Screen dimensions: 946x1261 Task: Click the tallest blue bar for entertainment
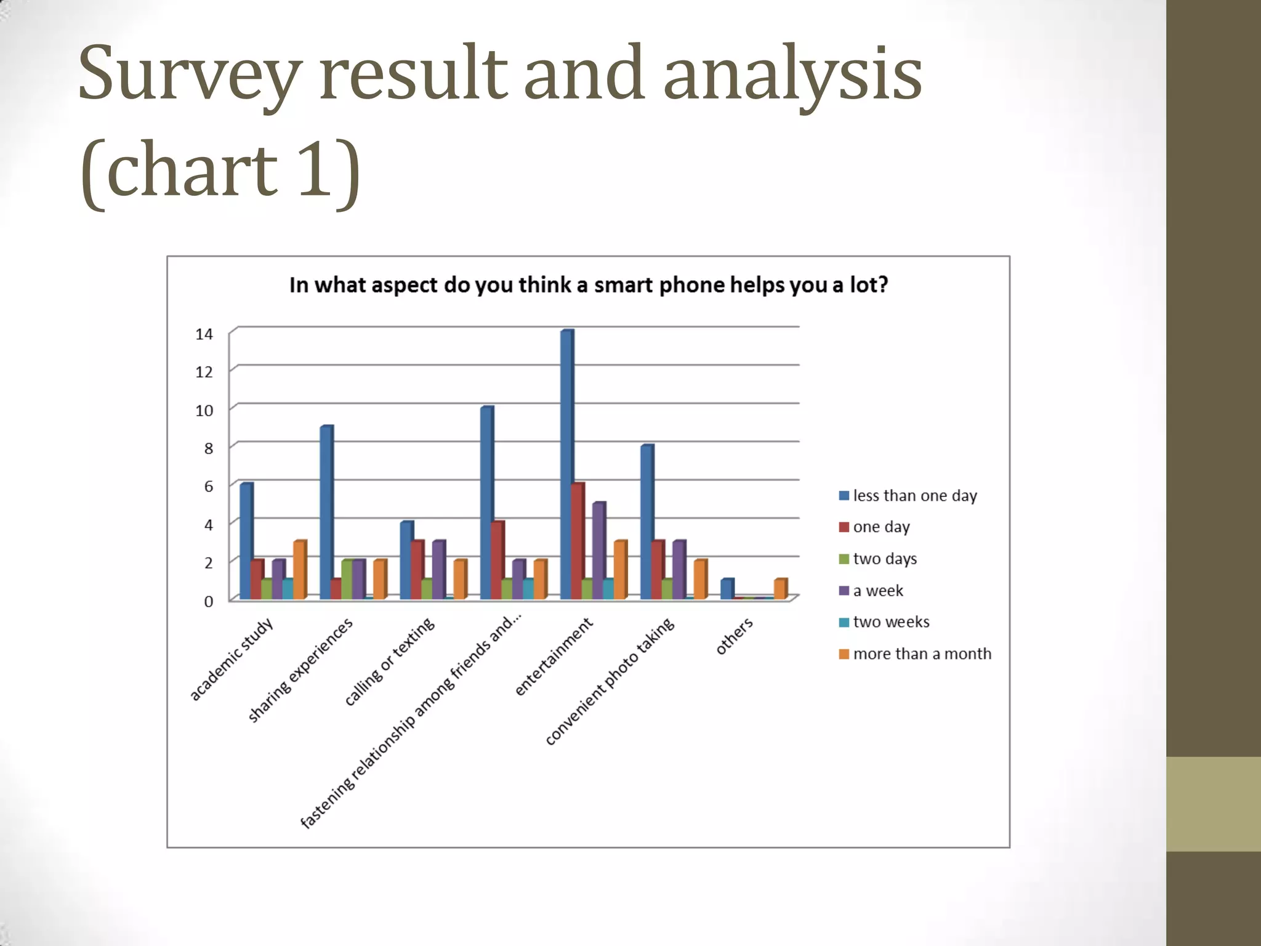(x=566, y=465)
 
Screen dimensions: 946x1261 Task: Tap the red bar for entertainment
(x=577, y=541)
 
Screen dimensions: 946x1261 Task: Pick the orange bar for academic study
(x=299, y=570)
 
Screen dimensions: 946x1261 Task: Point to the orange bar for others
(x=780, y=589)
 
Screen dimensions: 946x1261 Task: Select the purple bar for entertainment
(x=598, y=551)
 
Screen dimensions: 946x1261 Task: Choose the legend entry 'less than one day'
(x=908, y=496)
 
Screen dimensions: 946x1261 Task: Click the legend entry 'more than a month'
(x=915, y=654)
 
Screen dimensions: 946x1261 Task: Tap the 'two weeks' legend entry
(x=884, y=622)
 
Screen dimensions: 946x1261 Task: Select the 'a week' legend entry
(x=871, y=591)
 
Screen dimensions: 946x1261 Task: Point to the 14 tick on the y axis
(x=204, y=334)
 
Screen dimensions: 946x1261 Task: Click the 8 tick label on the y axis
(x=208, y=448)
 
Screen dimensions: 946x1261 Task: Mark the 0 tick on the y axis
(x=208, y=601)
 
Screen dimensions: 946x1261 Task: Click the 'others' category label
(x=734, y=636)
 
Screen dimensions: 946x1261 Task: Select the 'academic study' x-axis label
(x=231, y=660)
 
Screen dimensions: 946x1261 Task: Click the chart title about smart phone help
(x=589, y=285)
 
